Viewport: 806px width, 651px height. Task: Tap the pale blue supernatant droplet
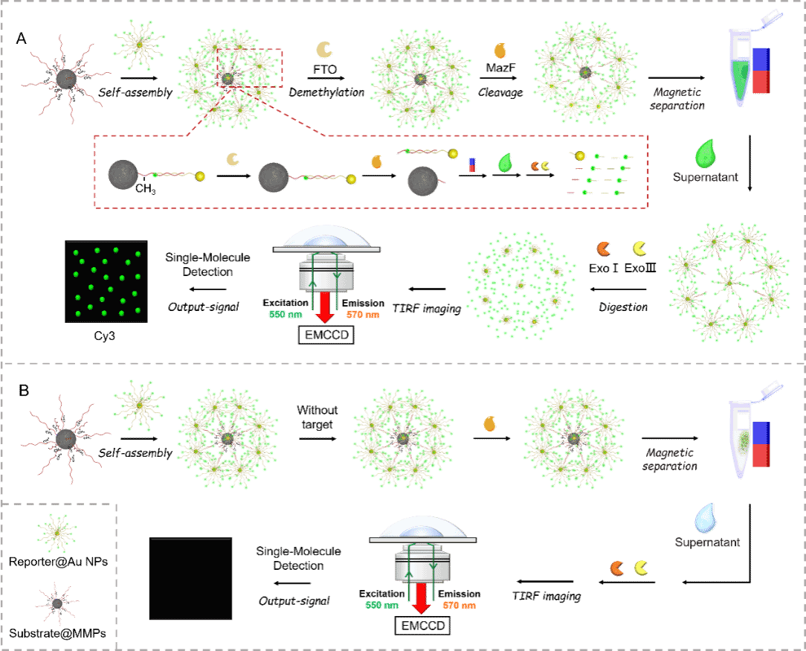[x=706, y=516]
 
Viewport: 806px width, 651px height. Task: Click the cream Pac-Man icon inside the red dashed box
[x=233, y=158]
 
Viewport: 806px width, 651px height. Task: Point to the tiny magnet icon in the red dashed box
[x=471, y=164]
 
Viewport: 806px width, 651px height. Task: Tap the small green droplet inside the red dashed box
[x=505, y=162]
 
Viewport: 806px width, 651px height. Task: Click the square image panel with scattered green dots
[x=106, y=282]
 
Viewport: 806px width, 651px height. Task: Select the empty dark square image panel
[x=190, y=579]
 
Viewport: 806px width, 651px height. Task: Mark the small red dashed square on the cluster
[x=250, y=68]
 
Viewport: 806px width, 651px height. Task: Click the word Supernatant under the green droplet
[x=707, y=178]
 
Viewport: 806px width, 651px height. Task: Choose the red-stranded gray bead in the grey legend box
[x=57, y=603]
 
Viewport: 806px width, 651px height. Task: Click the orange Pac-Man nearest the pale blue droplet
[x=617, y=568]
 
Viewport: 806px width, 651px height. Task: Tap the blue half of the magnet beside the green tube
[x=761, y=60]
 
